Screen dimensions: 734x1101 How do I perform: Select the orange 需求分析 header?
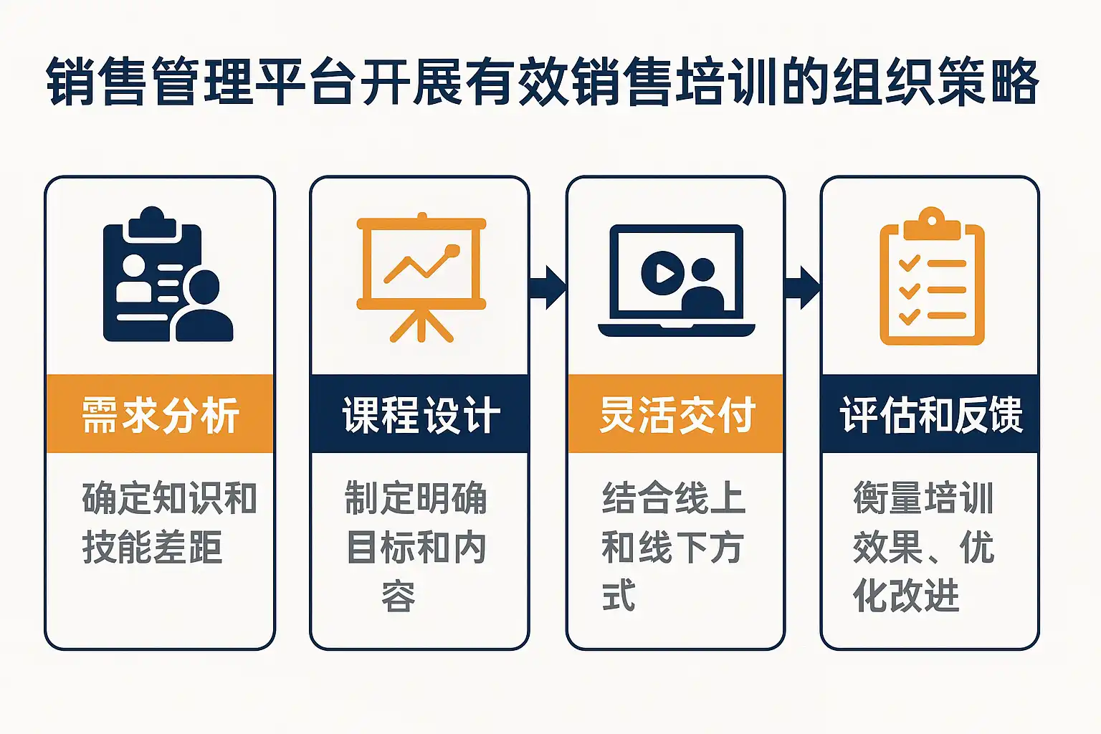pos(160,414)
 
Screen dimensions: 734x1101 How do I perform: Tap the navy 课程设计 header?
pos(420,414)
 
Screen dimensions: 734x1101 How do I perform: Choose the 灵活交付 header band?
pos(676,414)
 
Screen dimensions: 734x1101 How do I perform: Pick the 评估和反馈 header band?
pos(930,414)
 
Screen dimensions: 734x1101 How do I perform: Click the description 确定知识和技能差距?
pos(169,523)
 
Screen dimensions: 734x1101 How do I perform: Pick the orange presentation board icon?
pos(421,277)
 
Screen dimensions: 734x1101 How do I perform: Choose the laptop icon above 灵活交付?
pos(676,280)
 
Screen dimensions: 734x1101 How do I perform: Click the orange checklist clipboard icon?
pos(932,277)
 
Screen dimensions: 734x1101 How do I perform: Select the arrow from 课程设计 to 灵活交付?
pos(548,287)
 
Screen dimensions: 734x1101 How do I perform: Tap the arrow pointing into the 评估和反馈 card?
pos(803,287)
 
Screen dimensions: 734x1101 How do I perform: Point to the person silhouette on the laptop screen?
pos(702,287)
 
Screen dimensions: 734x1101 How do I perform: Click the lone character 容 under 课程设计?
pos(399,596)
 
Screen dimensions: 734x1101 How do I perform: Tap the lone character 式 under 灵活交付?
pos(619,596)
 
